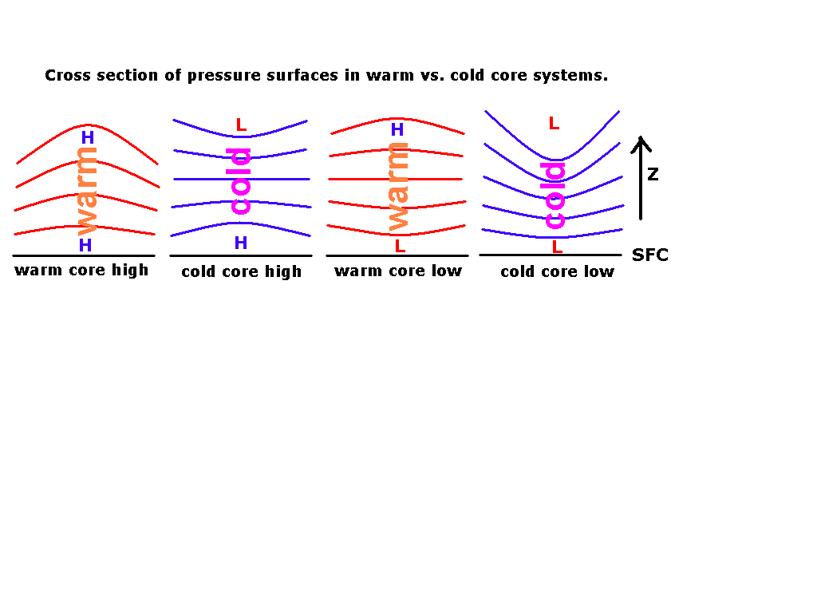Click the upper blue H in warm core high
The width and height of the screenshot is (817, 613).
[x=88, y=137]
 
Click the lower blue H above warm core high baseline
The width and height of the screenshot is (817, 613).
[x=85, y=245]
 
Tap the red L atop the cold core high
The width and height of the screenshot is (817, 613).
[x=241, y=125]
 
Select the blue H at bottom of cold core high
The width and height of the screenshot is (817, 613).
[x=241, y=243]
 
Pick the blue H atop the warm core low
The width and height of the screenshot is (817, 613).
[x=397, y=129]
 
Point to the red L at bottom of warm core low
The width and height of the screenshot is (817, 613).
[x=400, y=246]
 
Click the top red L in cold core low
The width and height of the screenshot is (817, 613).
[x=554, y=124]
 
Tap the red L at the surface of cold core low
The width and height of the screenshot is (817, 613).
[x=557, y=247]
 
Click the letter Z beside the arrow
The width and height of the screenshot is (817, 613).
[x=653, y=174]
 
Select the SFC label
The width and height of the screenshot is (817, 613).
[x=649, y=255]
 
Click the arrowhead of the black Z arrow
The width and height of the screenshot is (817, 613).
[x=641, y=137]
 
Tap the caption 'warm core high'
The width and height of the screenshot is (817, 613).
[x=82, y=270]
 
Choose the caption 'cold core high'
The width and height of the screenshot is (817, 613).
[x=241, y=271]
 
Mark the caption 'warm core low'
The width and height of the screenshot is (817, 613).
[x=398, y=271]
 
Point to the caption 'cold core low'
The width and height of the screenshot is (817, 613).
[x=558, y=271]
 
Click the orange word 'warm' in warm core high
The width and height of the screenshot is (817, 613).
[x=87, y=192]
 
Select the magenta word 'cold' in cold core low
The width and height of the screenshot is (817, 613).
[x=553, y=196]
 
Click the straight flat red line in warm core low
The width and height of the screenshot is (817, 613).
[x=395, y=179]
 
